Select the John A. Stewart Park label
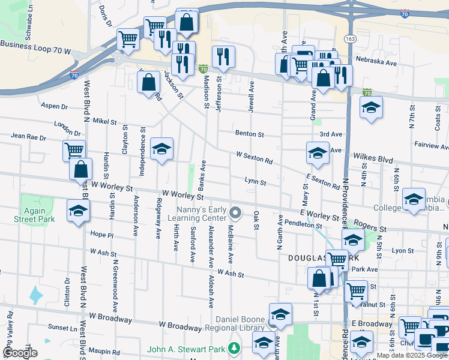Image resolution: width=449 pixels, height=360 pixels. tap(186, 349)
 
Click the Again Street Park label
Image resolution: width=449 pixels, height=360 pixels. tap(34, 215)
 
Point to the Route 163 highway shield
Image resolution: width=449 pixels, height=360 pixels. tap(350, 38)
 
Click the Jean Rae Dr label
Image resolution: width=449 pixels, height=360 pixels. tap(28, 137)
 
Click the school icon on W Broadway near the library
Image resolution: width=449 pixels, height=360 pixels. tap(280, 314)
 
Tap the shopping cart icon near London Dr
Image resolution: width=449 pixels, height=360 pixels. tap(74, 151)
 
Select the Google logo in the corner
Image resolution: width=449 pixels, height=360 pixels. tap(20, 353)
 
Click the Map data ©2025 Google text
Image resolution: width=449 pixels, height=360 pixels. tap(412, 355)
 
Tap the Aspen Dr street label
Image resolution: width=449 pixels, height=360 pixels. tap(55, 106)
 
